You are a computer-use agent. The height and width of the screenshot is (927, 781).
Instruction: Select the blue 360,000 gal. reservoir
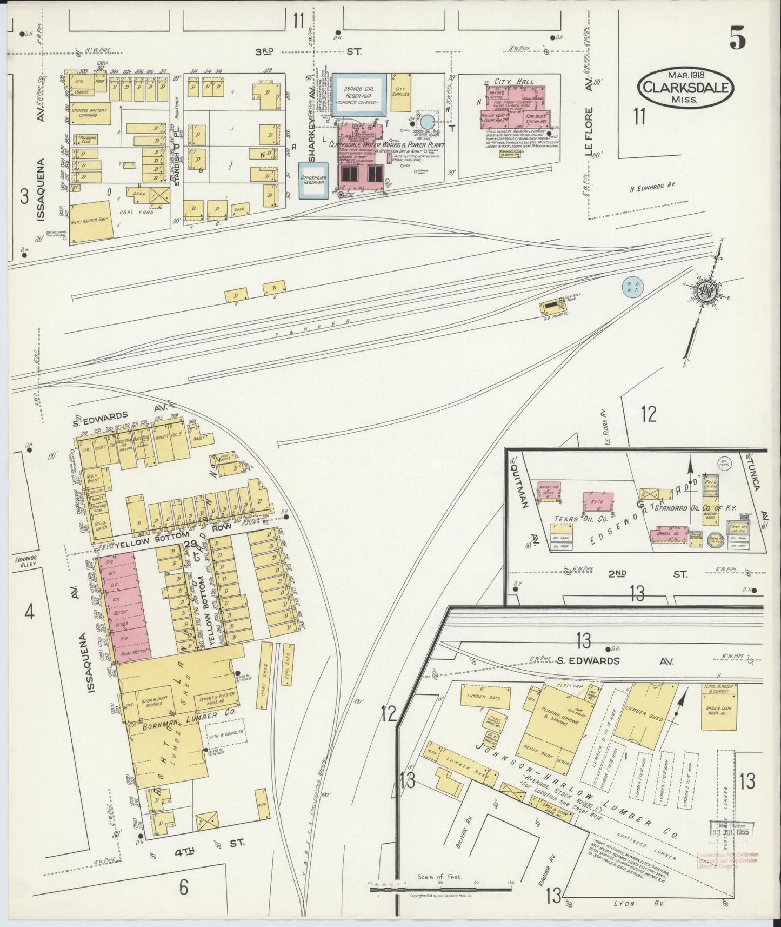coord(359,94)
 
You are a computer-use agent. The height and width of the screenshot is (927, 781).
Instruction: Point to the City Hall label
coord(517,82)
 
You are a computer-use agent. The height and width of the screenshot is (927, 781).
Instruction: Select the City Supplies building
coord(401,92)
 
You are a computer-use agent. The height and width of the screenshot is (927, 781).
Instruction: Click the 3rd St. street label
coord(305,51)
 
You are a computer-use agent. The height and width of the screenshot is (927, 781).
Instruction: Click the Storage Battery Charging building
coord(91,112)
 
